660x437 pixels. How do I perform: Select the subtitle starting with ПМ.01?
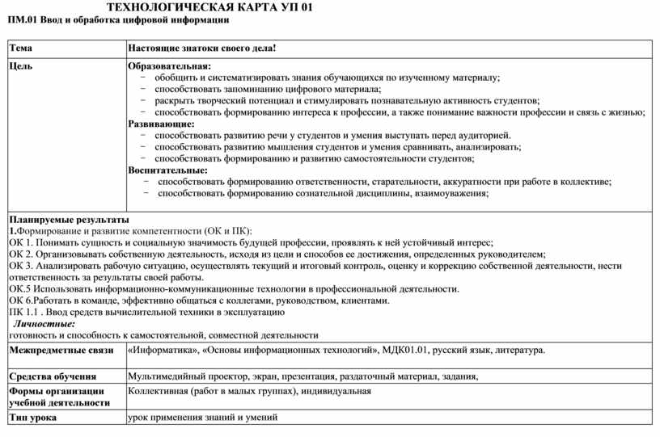click(x=118, y=19)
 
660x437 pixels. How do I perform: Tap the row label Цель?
click(x=22, y=66)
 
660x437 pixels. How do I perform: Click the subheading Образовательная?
click(x=169, y=66)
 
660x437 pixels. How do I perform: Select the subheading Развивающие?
click(x=162, y=124)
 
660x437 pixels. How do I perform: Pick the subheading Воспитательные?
click(x=168, y=170)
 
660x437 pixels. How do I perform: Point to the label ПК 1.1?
click(x=24, y=312)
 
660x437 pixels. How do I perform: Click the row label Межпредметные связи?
click(x=61, y=351)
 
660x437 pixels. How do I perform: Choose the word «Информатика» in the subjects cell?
click(x=163, y=351)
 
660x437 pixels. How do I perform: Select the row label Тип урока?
click(x=33, y=418)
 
